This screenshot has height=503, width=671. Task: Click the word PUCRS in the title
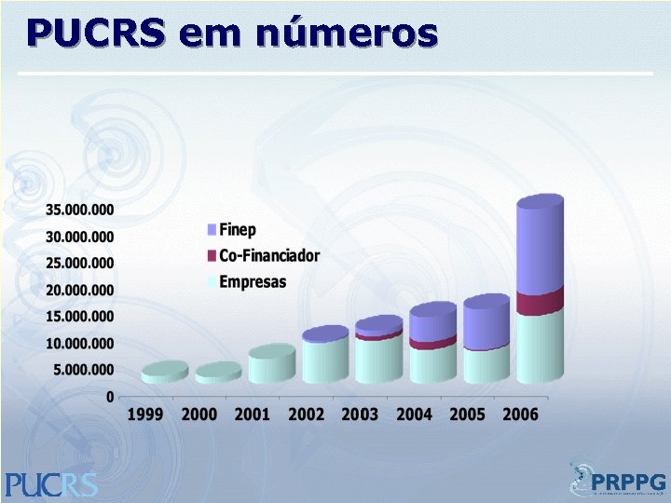97,34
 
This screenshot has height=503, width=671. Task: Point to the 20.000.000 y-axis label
79,290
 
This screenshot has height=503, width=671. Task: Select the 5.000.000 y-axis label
83,370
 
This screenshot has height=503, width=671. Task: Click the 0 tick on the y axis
111,397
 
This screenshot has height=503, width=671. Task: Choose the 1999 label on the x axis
146,415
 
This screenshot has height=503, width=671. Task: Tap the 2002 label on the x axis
307,415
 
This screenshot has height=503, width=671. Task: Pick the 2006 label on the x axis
520,415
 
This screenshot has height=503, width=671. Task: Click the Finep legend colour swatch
212,230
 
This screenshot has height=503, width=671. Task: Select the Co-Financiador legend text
269,255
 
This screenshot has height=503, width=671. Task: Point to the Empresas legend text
253,281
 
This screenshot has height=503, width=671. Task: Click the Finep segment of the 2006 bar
540,247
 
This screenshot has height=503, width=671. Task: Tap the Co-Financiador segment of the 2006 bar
540,304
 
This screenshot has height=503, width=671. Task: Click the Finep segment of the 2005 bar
486,324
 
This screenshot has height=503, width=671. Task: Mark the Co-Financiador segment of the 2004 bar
432,344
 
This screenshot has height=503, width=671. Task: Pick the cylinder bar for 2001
272,365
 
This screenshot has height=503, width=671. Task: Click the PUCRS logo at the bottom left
50,483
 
